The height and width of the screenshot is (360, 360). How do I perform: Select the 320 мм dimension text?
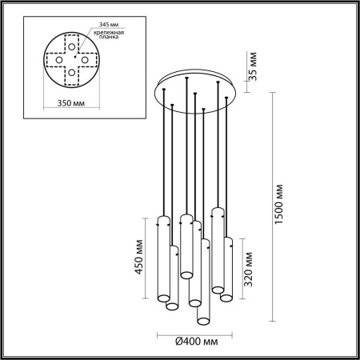coord(251,267)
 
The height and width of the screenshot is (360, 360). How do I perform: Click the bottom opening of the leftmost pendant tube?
coord(171,306)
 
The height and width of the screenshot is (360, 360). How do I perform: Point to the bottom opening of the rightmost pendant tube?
coord(226,298)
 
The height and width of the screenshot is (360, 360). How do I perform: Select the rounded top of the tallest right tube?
coord(216,210)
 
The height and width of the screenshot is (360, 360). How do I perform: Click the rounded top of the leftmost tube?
coord(163,220)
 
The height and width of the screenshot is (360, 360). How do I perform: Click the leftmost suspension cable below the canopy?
coord(163,160)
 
